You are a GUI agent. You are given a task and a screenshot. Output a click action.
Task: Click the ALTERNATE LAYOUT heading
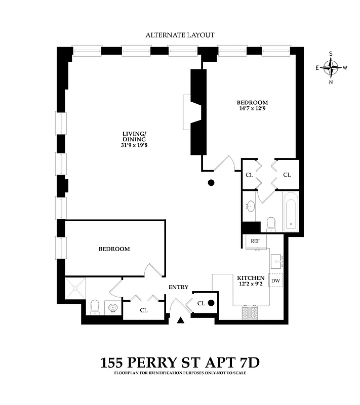[x=180, y=35]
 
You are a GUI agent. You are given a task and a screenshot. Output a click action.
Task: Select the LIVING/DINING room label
[x=134, y=137]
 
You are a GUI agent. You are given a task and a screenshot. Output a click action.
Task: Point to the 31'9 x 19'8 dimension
[x=134, y=146]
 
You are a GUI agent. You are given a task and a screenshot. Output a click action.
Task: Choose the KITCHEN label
[x=251, y=278]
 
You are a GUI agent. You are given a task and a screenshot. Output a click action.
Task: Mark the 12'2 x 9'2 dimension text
[x=251, y=285]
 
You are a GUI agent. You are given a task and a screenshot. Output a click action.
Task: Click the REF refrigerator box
[x=255, y=241]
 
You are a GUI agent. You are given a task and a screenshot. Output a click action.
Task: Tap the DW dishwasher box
[x=276, y=280]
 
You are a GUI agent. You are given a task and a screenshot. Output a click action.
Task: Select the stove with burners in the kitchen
[x=251, y=312]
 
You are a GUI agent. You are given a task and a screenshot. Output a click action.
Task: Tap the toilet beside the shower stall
[x=95, y=307]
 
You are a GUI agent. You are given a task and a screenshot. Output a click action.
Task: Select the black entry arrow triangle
[x=181, y=320]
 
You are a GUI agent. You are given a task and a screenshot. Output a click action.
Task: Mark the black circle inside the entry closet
[x=211, y=303]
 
